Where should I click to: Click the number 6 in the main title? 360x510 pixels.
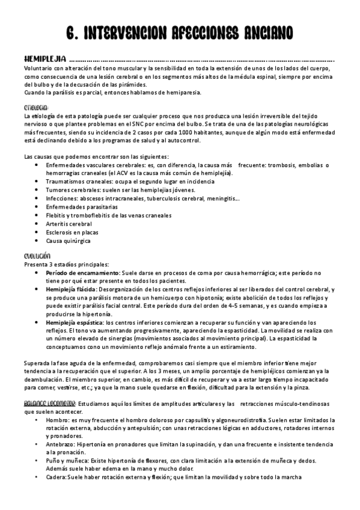[x=69, y=32]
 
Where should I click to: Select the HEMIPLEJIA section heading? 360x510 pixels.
[x=44, y=60]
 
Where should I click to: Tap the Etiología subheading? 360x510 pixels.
[x=35, y=107]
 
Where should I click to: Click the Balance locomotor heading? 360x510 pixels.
[x=50, y=403]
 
